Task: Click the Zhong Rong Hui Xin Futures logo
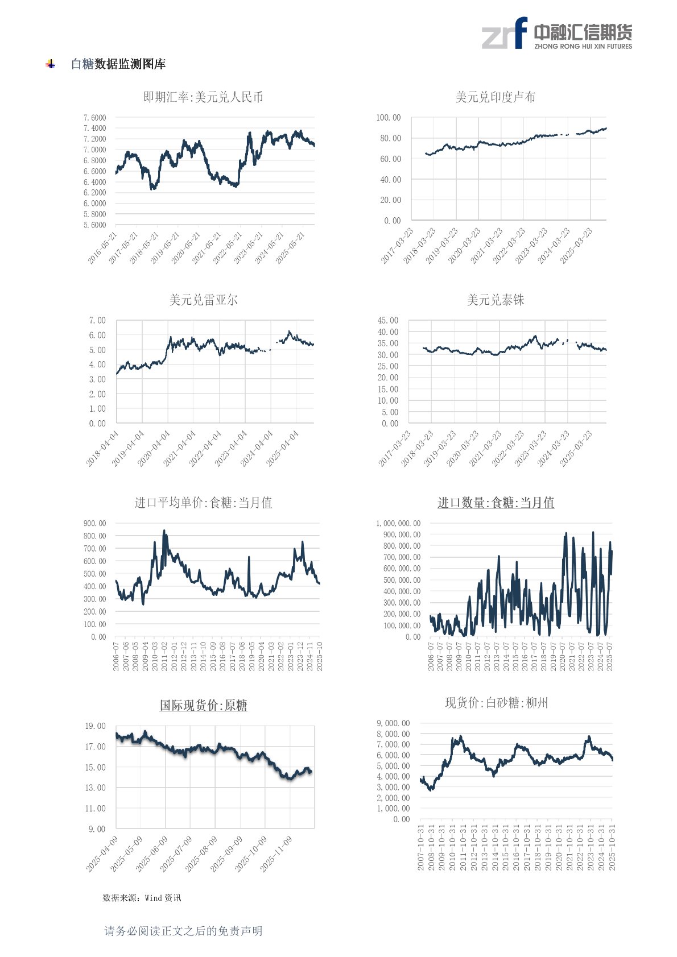(556, 34)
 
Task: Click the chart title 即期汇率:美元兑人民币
(203, 97)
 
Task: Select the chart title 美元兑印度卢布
(495, 97)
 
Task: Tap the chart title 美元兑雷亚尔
(203, 300)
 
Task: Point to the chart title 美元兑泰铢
(495, 300)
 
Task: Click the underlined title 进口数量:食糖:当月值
(495, 503)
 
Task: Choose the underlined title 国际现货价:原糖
(203, 706)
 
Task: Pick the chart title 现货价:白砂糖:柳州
(496, 703)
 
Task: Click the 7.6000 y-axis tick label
(94, 118)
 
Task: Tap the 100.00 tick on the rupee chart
(388, 118)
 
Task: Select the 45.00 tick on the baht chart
(388, 321)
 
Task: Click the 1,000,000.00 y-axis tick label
(398, 523)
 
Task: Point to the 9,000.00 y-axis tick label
(393, 723)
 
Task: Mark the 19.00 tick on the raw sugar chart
(96, 726)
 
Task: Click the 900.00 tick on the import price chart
(94, 523)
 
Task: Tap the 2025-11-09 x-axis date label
(276, 854)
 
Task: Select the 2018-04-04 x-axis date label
(102, 449)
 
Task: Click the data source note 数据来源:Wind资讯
(142, 897)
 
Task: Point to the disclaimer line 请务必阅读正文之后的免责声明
(183, 931)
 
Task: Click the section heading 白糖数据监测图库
(118, 64)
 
